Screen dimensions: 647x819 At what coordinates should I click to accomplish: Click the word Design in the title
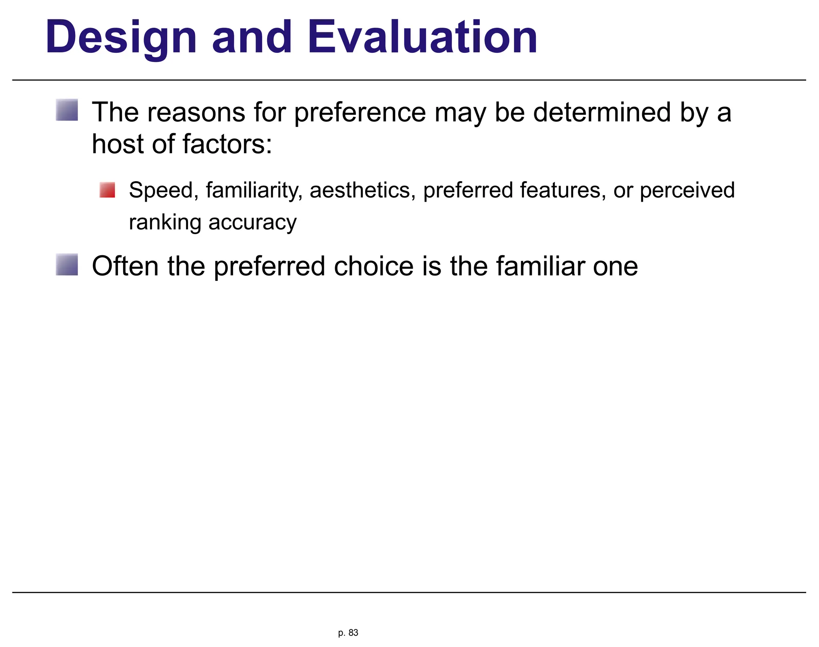pyautogui.click(x=121, y=38)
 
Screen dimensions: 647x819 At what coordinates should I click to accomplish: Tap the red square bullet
pyautogui.click(x=107, y=190)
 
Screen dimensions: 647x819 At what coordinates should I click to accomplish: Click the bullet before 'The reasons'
pyautogui.click(x=67, y=110)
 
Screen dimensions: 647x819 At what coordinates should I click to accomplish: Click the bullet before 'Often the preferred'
pyautogui.click(x=67, y=264)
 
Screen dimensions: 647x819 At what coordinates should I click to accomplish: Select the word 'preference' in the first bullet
pyautogui.click(x=360, y=113)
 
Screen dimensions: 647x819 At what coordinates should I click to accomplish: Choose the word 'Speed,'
pyautogui.click(x=164, y=190)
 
